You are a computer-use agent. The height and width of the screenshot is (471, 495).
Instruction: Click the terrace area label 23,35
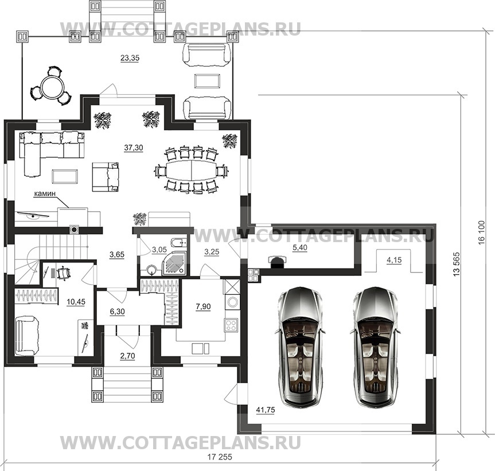point(130,58)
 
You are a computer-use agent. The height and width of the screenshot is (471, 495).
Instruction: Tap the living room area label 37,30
point(134,147)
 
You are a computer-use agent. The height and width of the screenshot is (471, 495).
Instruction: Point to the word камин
point(45,193)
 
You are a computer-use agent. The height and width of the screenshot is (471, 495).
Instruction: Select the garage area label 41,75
point(266,410)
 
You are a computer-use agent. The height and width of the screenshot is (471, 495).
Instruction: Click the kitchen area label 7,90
point(203,306)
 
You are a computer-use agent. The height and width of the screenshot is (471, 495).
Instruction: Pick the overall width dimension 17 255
point(220,457)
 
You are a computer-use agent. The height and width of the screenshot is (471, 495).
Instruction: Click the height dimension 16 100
point(481,233)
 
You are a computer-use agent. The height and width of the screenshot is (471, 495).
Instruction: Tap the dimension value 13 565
point(457,264)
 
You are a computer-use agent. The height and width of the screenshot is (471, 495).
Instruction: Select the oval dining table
point(192,170)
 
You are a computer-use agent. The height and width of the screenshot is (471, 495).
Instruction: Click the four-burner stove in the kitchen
point(231,325)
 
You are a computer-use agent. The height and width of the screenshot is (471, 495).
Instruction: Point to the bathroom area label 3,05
point(159,250)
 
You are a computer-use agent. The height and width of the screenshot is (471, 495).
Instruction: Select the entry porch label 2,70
point(127,356)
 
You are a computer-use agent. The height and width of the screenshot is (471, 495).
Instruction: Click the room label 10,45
point(76,302)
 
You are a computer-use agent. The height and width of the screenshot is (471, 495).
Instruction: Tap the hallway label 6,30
point(117,312)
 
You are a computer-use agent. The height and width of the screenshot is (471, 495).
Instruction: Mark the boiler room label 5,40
point(299,248)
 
